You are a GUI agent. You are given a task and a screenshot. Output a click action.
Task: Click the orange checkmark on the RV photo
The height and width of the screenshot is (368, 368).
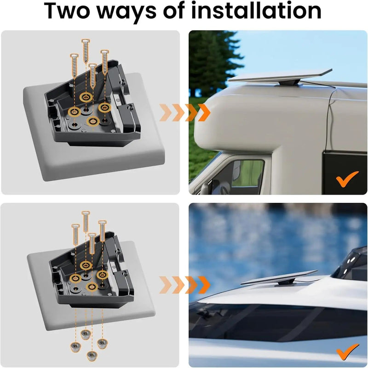(347, 179)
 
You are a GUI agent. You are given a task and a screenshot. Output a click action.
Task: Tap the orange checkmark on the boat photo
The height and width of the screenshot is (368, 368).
(347, 352)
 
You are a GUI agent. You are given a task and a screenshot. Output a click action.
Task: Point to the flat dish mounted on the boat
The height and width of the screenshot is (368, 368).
(278, 277)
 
